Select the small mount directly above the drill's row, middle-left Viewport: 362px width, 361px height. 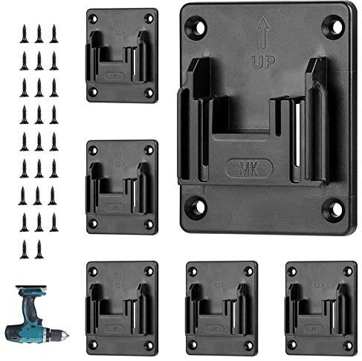pos(122,186)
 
